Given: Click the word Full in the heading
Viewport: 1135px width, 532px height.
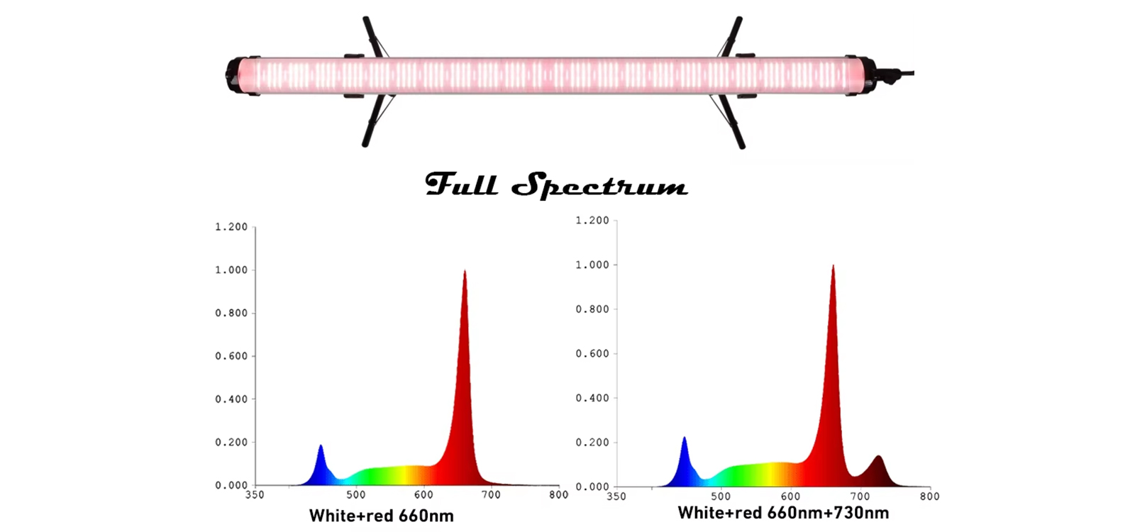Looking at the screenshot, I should pos(461,184).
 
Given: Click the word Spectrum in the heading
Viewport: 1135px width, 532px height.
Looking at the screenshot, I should pos(599,186).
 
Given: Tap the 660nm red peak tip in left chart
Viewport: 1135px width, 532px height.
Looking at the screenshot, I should pos(465,272).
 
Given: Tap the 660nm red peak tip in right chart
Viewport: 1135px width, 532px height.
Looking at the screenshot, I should pos(833,267).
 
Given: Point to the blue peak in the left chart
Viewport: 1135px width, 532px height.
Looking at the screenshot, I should pos(321,448).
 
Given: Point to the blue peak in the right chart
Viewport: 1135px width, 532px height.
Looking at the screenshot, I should pos(685,440).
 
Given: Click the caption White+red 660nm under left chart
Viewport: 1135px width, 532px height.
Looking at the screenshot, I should pos(381,516).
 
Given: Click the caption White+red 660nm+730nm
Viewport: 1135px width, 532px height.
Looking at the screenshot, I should pos(783,513).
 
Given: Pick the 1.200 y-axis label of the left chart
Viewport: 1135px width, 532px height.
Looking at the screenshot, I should pos(231,227).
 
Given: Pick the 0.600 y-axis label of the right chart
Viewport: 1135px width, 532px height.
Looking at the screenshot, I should pos(592,353).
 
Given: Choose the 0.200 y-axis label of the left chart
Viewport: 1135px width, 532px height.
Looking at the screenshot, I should pos(231,442).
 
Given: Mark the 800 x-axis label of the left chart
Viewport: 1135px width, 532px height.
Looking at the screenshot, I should pos(558,495).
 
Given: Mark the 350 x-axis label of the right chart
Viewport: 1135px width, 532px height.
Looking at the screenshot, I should pos(616,497).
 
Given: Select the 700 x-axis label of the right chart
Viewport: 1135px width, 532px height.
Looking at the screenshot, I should pos(860,497).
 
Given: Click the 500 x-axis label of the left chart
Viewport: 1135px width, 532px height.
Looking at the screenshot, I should pos(356,495).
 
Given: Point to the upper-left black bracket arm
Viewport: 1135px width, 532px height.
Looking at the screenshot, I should pos(372,35).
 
